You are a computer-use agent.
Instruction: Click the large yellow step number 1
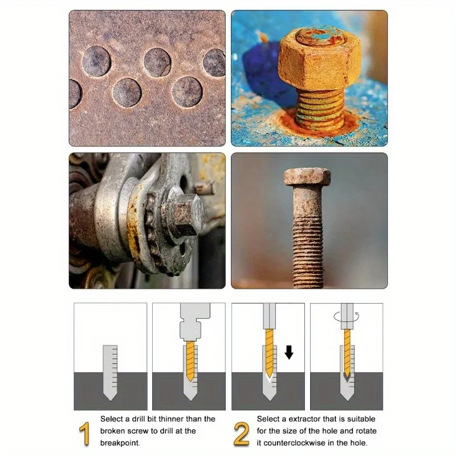[x=84, y=434]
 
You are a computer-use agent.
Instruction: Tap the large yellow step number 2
[x=241, y=434]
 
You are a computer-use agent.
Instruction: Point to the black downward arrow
[x=289, y=352]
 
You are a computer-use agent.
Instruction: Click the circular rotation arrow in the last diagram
[x=347, y=316]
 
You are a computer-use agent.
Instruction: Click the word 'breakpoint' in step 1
[x=120, y=443]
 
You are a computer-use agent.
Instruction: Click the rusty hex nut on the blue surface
[x=320, y=60]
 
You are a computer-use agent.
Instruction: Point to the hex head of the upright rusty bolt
[x=307, y=177]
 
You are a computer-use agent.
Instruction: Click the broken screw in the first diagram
[x=110, y=373]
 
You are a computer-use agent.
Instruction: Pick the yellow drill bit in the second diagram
[x=190, y=361]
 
